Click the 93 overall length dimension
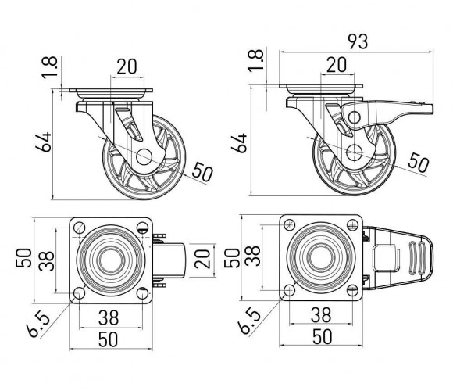pos(358,41)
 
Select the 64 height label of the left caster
pos(43,142)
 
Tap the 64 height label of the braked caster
pos(239,143)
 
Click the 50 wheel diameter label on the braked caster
pos(419,162)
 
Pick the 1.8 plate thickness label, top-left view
pos(50,68)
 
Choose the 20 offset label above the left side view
pos(127,66)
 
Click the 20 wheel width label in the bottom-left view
pos(202,259)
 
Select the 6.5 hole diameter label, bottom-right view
pos(250,321)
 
